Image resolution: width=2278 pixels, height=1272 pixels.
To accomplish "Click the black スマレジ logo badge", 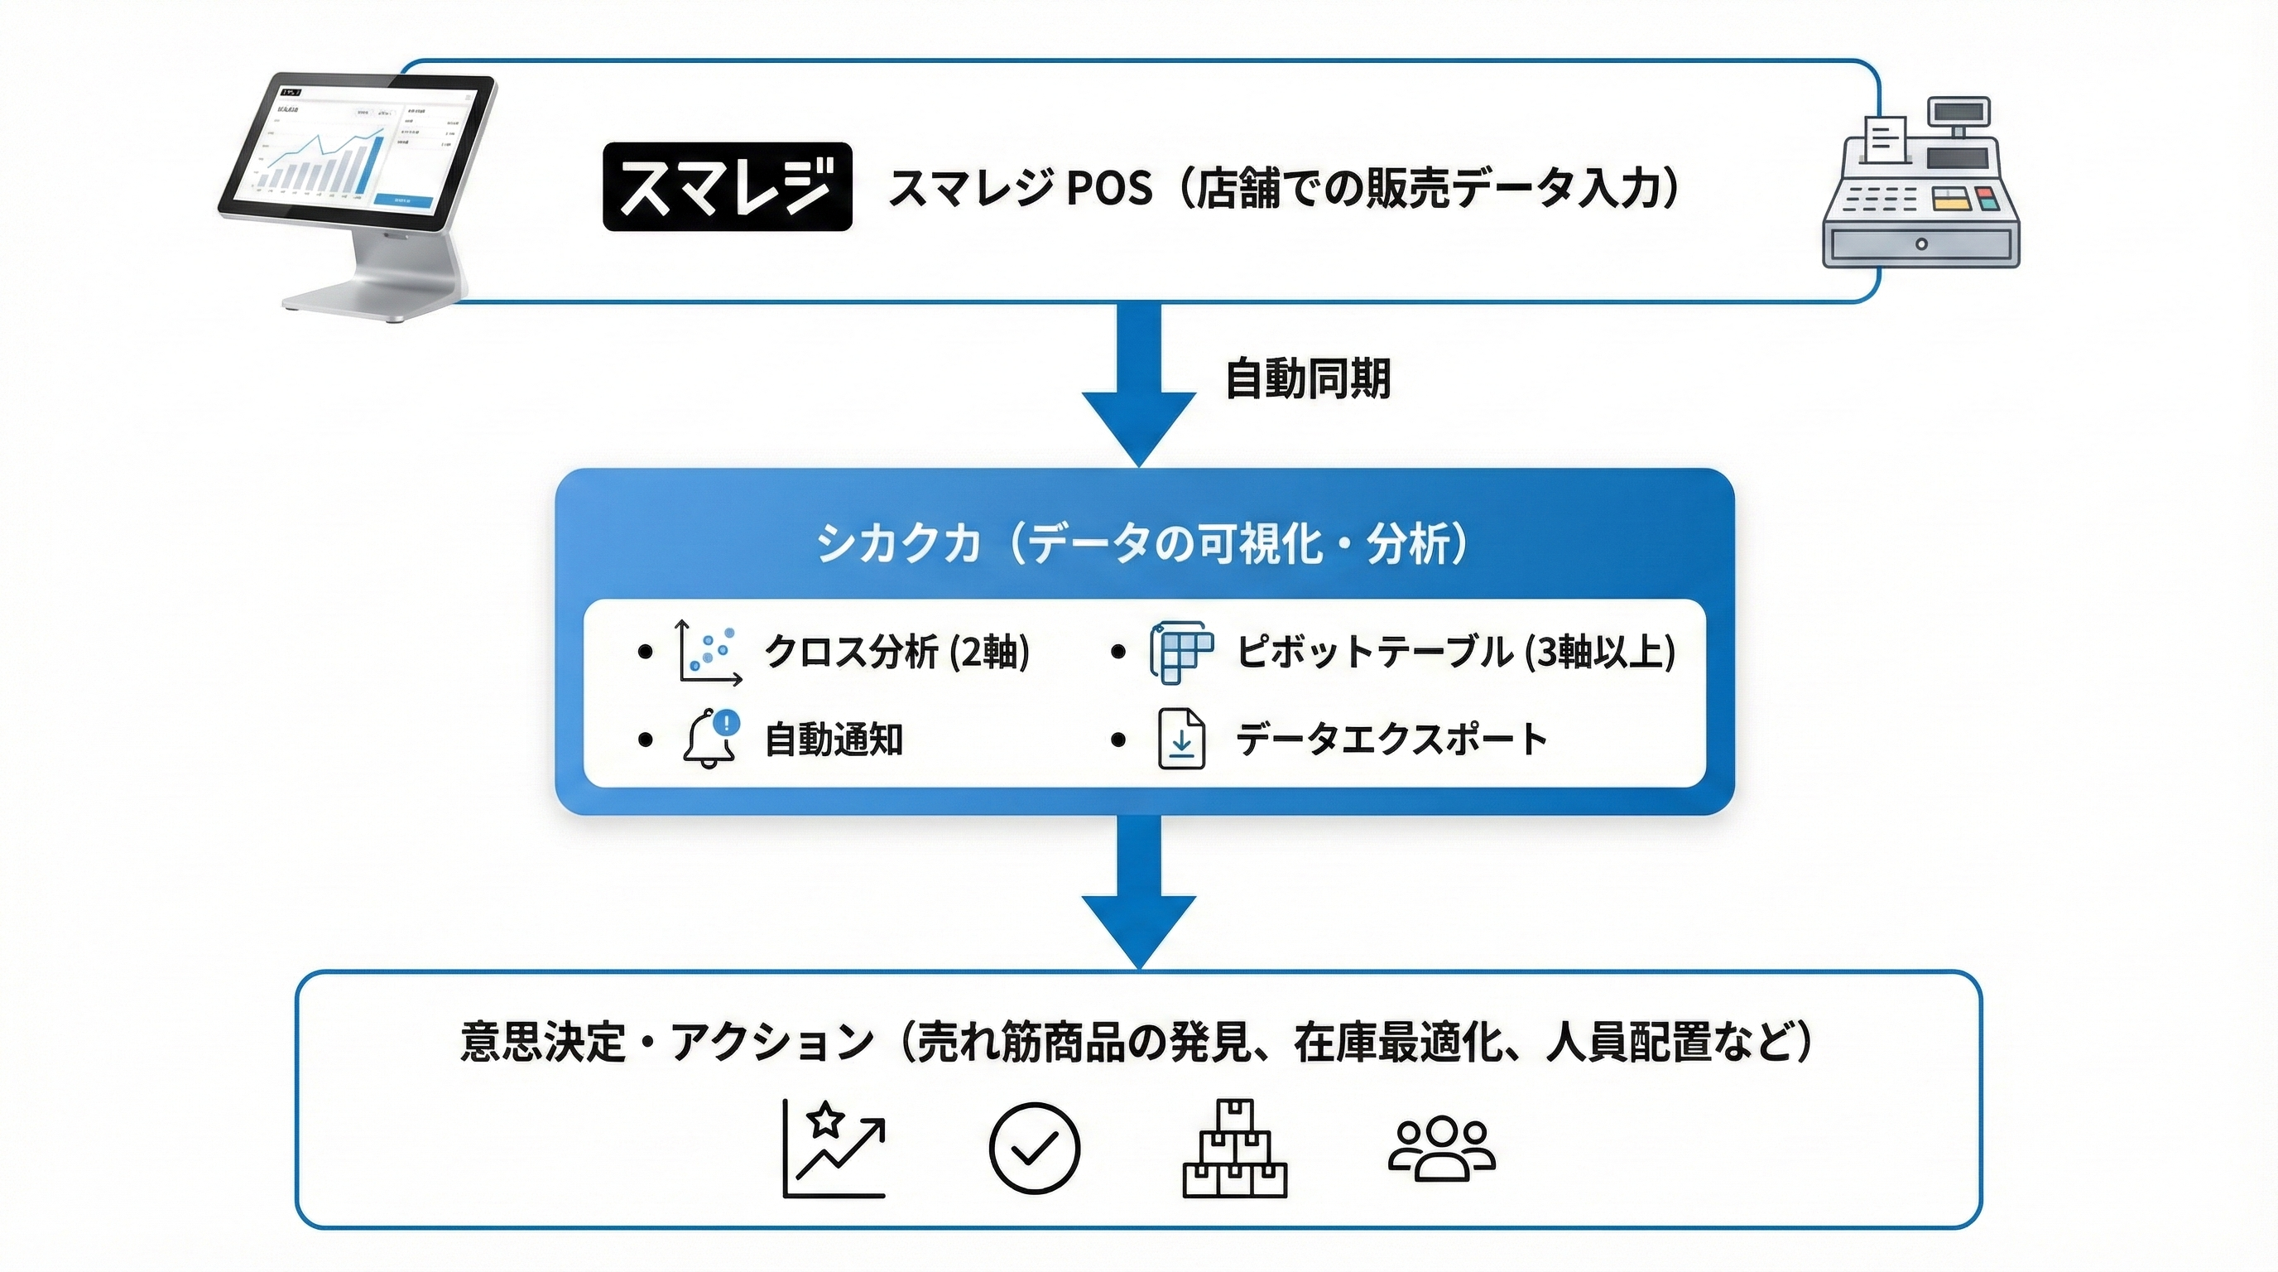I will (727, 186).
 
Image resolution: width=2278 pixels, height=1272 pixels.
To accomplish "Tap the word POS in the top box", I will (1110, 189).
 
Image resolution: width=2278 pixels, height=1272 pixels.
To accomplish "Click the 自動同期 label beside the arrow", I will (1307, 378).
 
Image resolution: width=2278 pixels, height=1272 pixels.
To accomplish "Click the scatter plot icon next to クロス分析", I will (709, 652).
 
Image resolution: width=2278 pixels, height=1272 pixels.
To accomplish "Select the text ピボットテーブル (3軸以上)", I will (1455, 652).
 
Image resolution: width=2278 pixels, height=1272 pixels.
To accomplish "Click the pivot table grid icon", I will (1180, 652).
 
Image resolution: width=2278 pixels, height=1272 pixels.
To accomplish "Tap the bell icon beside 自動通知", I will (710, 739).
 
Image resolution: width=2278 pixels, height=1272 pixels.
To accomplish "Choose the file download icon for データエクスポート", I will (1181, 739).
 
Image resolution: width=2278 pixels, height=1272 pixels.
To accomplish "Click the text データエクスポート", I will (1391, 739).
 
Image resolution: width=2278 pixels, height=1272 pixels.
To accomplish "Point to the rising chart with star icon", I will (834, 1147).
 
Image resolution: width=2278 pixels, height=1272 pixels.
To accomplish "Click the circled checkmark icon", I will (1034, 1147).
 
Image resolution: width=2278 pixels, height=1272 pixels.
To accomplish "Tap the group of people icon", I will (1441, 1147).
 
